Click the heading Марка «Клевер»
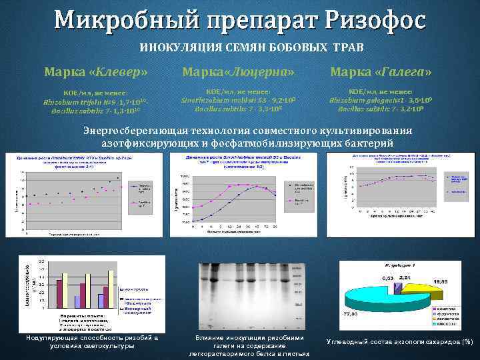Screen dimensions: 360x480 96,71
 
